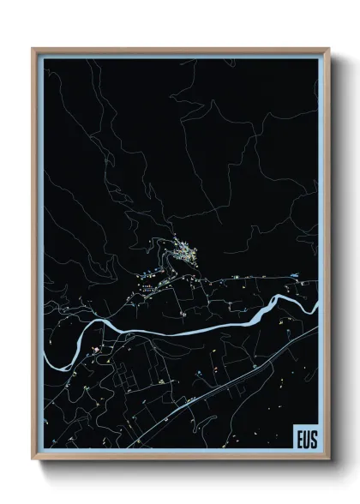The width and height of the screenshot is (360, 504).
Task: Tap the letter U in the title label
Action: tap(306, 435)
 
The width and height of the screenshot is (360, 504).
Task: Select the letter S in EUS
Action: tap(313, 435)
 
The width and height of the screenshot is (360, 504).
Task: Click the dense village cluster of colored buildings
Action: tap(183, 250)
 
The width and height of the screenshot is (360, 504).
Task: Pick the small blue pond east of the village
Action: tap(296, 275)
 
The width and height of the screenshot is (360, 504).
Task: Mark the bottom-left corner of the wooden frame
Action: tap(33, 455)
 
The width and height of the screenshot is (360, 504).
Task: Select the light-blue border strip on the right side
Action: tap(321, 214)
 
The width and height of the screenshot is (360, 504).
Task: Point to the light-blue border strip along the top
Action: tap(180, 54)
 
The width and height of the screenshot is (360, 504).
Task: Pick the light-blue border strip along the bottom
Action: tap(171, 450)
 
